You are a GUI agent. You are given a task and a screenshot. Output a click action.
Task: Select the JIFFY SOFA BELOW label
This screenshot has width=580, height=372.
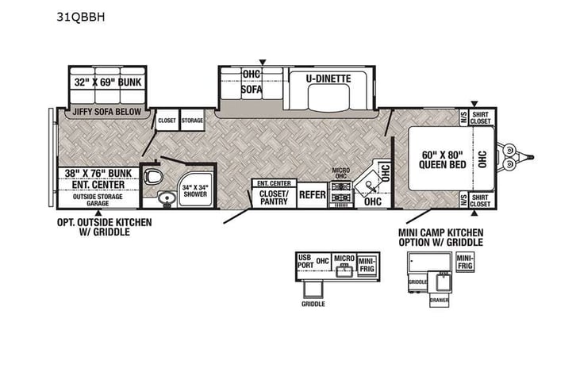pyautogui.click(x=106, y=112)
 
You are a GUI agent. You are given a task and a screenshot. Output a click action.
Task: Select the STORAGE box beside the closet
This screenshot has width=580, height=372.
pyautogui.click(x=192, y=121)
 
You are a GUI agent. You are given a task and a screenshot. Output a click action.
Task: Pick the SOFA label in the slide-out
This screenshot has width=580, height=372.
pyautogui.click(x=252, y=90)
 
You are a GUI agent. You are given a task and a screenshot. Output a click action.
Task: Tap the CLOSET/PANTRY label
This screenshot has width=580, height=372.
pyautogui.click(x=274, y=198)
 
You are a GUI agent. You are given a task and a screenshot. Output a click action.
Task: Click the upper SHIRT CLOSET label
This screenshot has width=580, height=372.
pyautogui.click(x=481, y=118)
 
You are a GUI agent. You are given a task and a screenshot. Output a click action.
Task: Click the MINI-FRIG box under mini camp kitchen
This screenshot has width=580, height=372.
pyautogui.click(x=467, y=261)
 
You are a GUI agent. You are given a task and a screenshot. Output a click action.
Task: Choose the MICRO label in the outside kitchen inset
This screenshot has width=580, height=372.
pyautogui.click(x=343, y=259)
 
